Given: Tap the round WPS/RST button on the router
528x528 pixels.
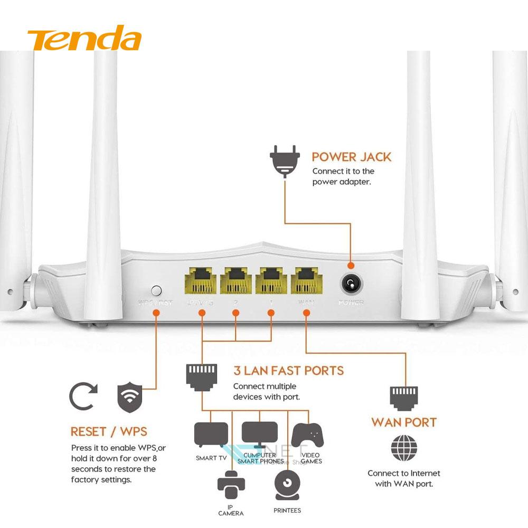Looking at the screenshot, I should pyautogui.click(x=156, y=290).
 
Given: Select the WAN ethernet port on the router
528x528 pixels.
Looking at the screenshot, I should pyautogui.click(x=306, y=280).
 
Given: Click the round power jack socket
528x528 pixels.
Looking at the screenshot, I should pyautogui.click(x=350, y=285).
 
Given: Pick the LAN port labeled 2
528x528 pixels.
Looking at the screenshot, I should pyautogui.click(x=236, y=280).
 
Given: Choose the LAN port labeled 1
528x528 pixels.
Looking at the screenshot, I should pyautogui.click(x=271, y=280).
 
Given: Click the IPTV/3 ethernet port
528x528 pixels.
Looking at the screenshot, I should pyautogui.click(x=201, y=280).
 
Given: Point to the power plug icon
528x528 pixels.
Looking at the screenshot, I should pyautogui.click(x=285, y=161).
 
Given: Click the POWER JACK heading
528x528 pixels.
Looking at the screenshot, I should pyautogui.click(x=351, y=157).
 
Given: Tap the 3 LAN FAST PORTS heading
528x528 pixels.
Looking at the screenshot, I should pyautogui.click(x=288, y=371).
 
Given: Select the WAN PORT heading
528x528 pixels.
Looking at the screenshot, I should pyautogui.click(x=404, y=422).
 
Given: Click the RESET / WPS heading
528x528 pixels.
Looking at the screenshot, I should pyautogui.click(x=109, y=432).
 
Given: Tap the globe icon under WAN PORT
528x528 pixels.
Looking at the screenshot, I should pyautogui.click(x=404, y=448).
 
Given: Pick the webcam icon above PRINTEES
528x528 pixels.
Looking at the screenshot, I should pyautogui.click(x=288, y=484).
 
